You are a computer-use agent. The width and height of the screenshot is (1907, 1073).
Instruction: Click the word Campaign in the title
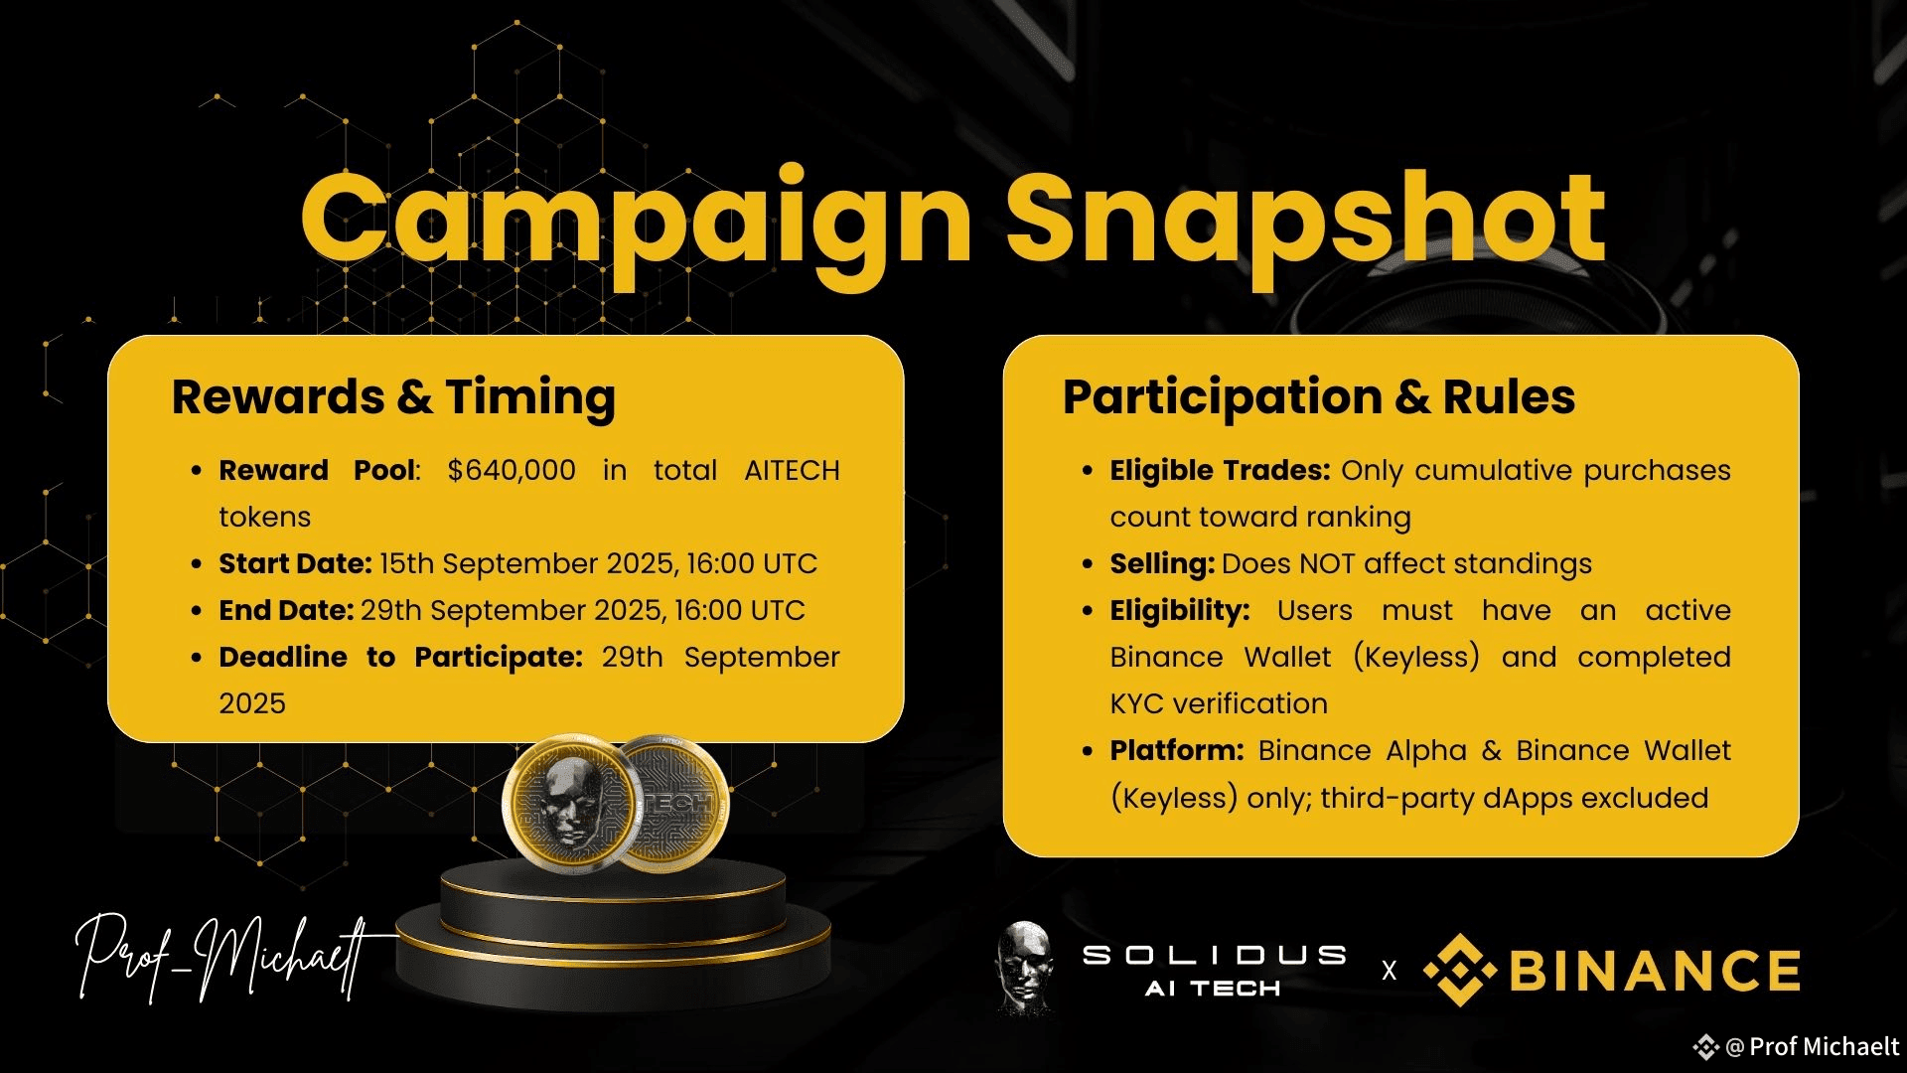636,224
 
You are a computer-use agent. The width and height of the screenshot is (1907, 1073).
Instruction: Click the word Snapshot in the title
1307,224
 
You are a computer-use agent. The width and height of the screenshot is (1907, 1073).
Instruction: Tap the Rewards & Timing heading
393,397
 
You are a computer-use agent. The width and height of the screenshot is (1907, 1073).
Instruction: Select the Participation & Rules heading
1319,397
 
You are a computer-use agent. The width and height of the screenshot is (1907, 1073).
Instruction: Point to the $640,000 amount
512,470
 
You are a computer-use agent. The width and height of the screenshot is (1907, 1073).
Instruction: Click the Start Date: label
295,563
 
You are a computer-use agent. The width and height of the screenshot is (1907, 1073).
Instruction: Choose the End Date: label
286,610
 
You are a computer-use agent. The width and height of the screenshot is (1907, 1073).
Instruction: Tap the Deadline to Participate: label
400,657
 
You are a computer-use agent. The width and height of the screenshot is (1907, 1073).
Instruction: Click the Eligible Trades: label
1220,470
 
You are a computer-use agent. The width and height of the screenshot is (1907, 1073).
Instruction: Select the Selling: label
1162,564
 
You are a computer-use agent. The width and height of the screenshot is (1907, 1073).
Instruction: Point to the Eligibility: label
1180,611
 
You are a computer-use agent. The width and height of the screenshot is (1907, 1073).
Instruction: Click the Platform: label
1177,750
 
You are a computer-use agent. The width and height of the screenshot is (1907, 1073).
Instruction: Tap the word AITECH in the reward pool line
792,470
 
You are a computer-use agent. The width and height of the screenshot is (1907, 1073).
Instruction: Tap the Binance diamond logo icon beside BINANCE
1459,970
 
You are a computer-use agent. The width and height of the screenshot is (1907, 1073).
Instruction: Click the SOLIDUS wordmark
1214,955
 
